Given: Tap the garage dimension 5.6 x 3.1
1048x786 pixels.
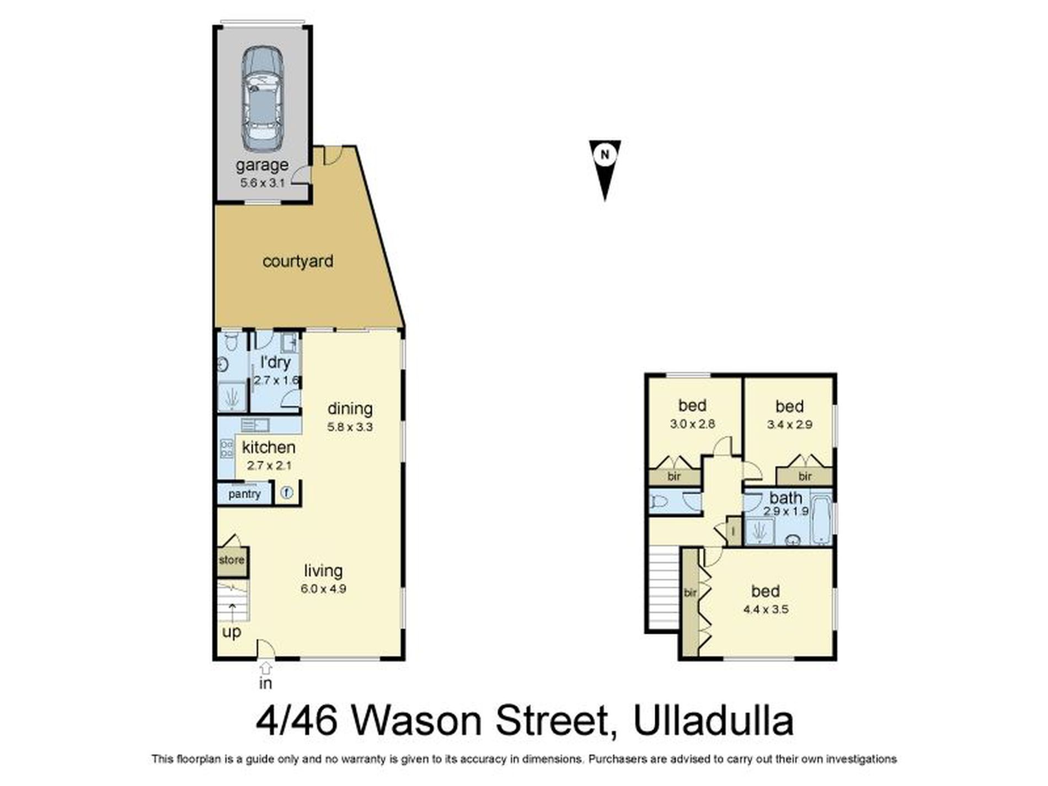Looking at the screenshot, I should [x=262, y=183].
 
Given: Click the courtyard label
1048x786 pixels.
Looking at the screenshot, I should [x=298, y=261].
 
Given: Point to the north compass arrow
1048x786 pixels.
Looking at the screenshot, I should [x=605, y=168].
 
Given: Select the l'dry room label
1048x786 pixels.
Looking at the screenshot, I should [x=275, y=363].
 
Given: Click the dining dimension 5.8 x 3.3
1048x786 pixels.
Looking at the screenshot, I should [x=350, y=427].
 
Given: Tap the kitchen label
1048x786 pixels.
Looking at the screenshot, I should [x=269, y=447].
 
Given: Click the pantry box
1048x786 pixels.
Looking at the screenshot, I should [x=244, y=494].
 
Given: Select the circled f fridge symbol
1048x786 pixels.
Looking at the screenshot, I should [x=286, y=493].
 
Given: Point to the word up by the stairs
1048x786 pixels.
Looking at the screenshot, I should [x=232, y=632].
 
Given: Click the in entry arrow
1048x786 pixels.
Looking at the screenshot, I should [x=266, y=669].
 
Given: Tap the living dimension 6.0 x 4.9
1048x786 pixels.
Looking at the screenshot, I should [x=323, y=589].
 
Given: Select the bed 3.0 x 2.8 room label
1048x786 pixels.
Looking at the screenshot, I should [x=692, y=406].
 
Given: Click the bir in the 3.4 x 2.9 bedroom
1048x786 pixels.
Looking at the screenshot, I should [x=805, y=477].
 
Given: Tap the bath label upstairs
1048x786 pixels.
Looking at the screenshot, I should [x=786, y=498].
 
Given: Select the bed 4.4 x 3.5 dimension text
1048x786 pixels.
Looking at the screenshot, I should [x=766, y=609].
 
